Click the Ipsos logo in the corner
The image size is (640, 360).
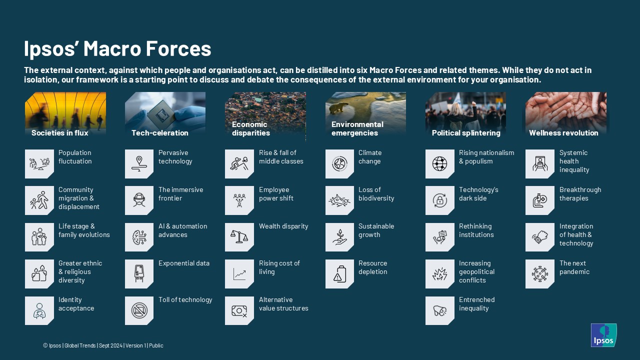[x=603, y=335]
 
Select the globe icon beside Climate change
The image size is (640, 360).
[x=339, y=164]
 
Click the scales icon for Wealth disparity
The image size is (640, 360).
[x=239, y=237]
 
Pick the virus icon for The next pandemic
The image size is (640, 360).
[x=539, y=274]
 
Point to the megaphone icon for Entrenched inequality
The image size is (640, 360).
[x=439, y=310]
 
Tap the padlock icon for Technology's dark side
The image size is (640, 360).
[x=439, y=200]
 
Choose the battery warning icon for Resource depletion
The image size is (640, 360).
[x=339, y=274]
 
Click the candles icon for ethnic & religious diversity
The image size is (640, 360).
[x=39, y=273]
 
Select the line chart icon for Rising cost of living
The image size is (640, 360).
[x=239, y=274]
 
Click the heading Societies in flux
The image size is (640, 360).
[x=59, y=133]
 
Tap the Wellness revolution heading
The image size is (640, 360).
[x=563, y=133]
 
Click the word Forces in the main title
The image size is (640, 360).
[x=178, y=48]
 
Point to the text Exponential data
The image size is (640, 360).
[x=184, y=263]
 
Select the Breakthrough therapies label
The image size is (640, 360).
[x=580, y=194]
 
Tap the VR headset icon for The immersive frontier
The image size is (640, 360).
[x=139, y=199]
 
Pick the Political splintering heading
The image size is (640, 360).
[x=466, y=133]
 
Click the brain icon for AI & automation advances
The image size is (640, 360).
[x=139, y=237]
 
